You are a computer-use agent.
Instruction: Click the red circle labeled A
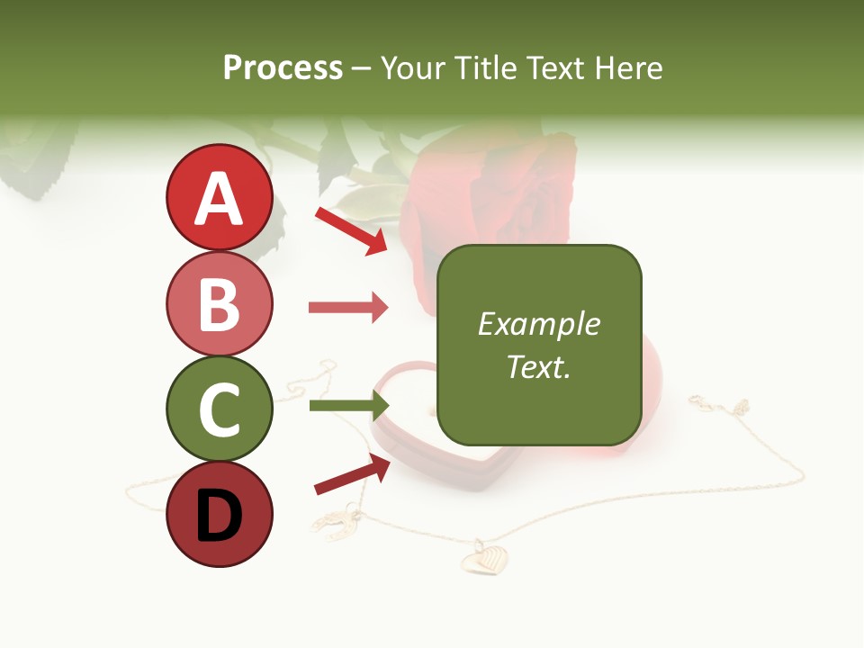tap(219, 197)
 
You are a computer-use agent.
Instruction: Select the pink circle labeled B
tap(219, 303)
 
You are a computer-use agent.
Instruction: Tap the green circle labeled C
tap(219, 409)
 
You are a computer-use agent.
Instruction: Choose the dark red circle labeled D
tap(219, 514)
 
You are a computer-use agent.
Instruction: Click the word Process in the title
tap(283, 67)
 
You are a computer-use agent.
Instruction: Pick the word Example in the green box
tap(538, 324)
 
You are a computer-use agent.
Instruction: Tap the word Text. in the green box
tap(538, 366)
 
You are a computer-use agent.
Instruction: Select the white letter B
tap(219, 304)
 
